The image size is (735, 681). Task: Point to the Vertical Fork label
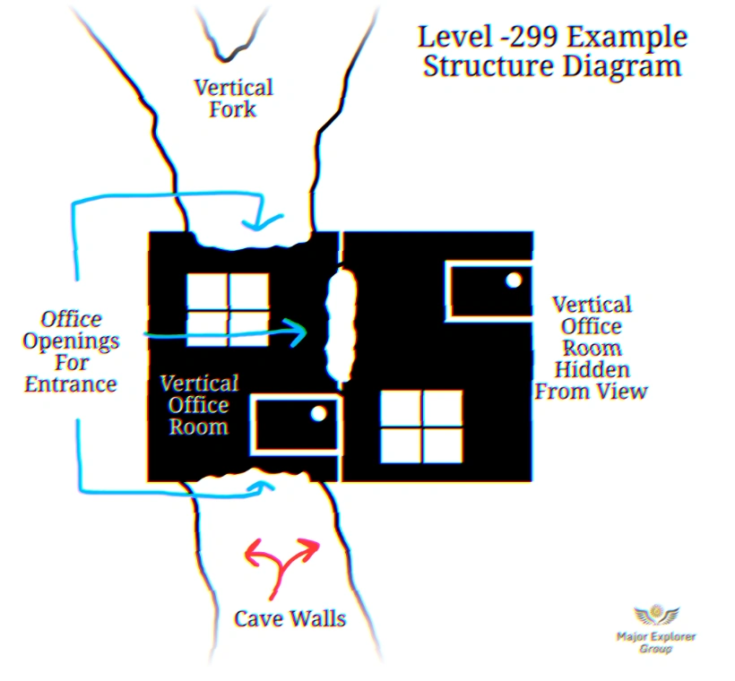[x=233, y=99]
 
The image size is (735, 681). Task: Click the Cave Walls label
[x=290, y=618]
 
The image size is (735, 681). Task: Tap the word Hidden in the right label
[x=591, y=369]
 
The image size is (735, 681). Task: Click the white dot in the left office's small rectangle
[x=317, y=414]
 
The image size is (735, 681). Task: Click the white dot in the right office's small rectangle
[x=513, y=280]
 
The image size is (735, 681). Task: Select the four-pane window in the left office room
[x=228, y=309]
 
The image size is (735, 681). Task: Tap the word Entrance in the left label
[x=71, y=385]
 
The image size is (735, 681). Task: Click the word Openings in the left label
[x=71, y=341]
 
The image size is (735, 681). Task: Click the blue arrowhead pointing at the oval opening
[x=298, y=332]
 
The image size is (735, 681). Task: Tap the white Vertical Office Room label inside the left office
[x=199, y=405]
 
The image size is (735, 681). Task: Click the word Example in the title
[x=628, y=38]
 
